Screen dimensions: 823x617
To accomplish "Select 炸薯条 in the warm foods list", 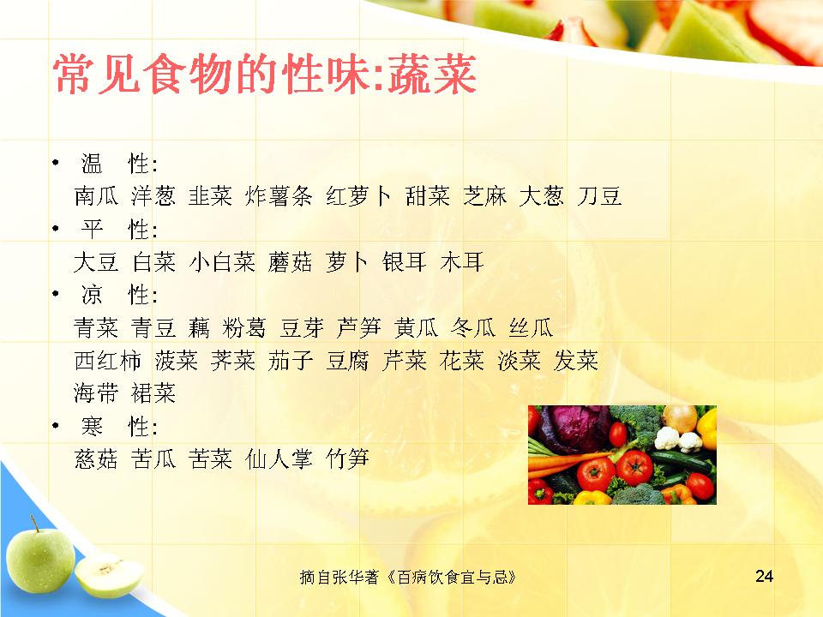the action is (279, 196).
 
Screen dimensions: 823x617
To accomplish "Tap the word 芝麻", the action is (484, 196).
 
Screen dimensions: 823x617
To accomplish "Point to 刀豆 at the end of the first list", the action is (599, 196).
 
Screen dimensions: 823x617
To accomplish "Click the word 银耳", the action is (404, 262).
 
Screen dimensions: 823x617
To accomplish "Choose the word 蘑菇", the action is (290, 262).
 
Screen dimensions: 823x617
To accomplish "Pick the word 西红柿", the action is (108, 361).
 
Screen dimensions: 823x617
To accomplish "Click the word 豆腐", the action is (347, 361).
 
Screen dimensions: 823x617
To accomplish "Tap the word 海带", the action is (96, 393).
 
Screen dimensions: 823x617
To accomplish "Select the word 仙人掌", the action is (279, 459).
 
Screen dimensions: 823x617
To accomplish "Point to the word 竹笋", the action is (347, 459).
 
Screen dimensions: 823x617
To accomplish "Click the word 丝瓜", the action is (531, 328).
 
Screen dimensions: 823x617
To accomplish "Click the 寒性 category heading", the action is (119, 427).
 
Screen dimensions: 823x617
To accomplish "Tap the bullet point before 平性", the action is (56, 229).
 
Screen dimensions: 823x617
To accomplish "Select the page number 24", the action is (764, 576).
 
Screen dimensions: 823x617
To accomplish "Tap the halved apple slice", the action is (109, 576).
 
